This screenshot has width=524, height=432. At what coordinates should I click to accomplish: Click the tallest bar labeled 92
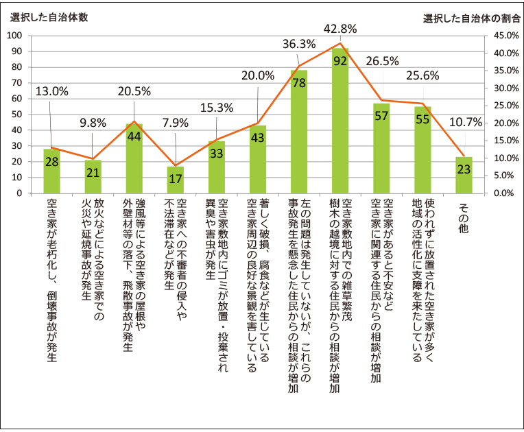tap(340, 121)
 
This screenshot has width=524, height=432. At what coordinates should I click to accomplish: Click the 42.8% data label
tap(341, 29)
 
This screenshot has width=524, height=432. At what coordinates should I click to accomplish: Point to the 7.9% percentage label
tap(175, 143)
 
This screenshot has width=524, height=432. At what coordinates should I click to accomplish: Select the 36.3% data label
tap(299, 44)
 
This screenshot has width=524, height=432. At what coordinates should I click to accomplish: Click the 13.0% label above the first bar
tap(51, 91)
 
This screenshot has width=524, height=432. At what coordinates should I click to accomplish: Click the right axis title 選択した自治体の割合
tap(469, 16)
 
